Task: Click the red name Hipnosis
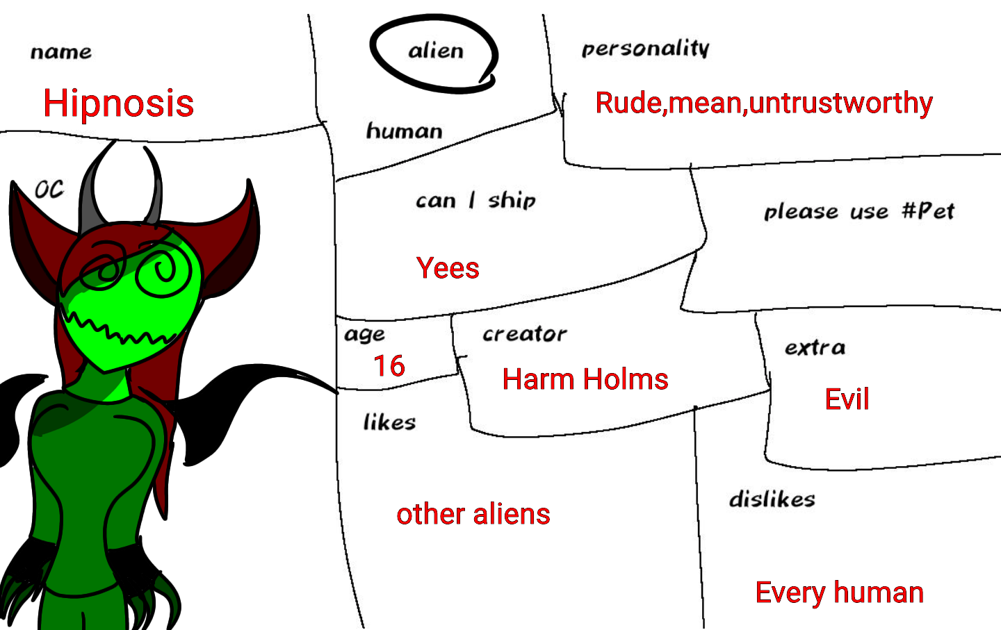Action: tap(118, 103)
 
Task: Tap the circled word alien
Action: tap(436, 51)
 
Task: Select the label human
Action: tap(404, 131)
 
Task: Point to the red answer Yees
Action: tap(448, 268)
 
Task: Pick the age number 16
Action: tap(389, 366)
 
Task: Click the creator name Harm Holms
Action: tap(585, 379)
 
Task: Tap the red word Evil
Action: tap(847, 399)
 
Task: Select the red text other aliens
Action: tap(473, 514)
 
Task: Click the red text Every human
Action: tap(839, 592)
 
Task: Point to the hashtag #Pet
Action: tap(928, 210)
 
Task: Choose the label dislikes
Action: tap(772, 499)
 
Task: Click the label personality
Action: tap(645, 49)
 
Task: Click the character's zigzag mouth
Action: tap(118, 330)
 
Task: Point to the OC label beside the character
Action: tap(49, 189)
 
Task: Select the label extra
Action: tap(815, 347)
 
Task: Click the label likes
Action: tap(389, 422)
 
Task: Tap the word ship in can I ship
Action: tap(512, 201)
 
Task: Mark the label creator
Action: tap(525, 334)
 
